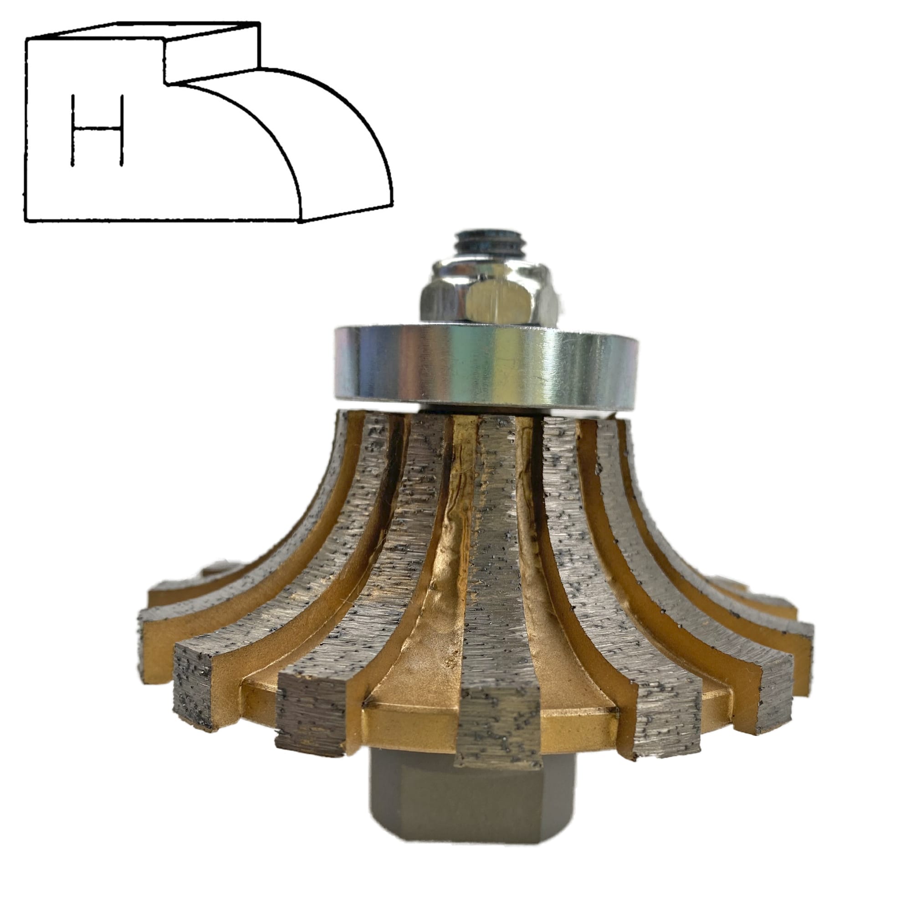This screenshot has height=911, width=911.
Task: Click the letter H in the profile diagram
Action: (97, 130)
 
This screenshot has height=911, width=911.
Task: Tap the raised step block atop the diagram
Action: (212, 52)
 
